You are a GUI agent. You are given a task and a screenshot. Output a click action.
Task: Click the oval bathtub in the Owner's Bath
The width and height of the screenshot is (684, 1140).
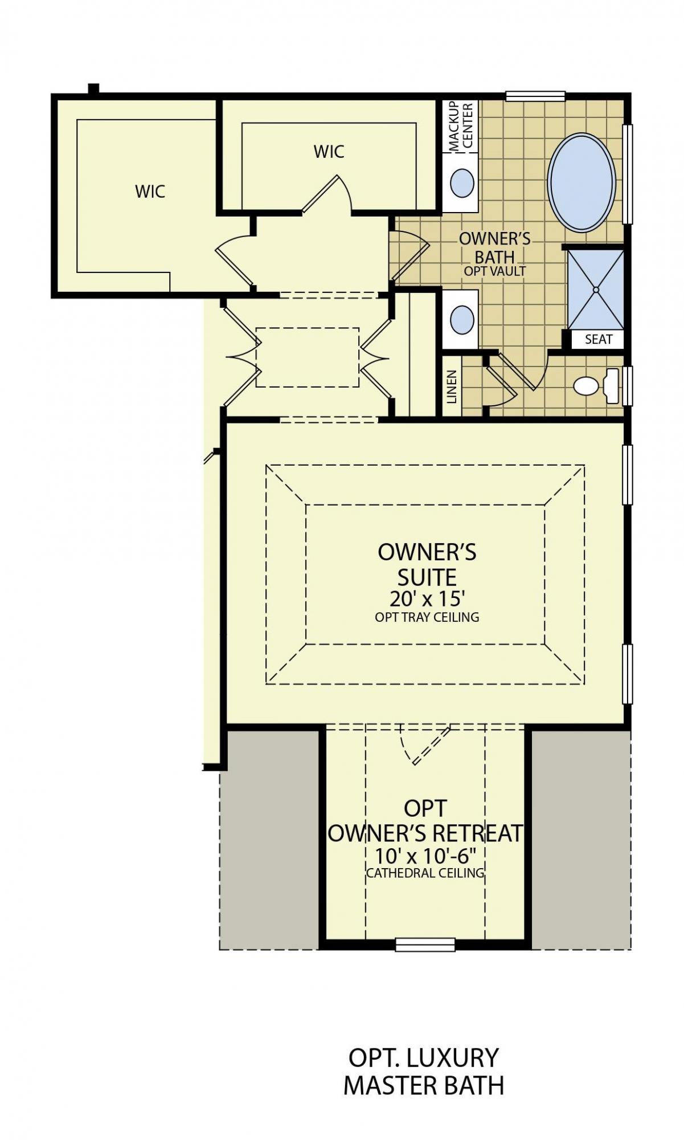click(x=581, y=182)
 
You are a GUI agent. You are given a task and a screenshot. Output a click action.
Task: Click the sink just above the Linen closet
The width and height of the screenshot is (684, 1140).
click(x=462, y=320)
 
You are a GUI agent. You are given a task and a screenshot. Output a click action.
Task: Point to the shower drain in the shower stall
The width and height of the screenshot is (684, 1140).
click(x=596, y=290)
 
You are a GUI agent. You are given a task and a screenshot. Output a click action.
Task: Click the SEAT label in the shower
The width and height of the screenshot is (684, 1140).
click(x=599, y=339)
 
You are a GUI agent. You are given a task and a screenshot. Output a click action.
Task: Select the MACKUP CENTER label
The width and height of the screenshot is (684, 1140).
click(x=461, y=126)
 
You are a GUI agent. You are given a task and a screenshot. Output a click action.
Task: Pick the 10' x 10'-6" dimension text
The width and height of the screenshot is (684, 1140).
click(x=425, y=856)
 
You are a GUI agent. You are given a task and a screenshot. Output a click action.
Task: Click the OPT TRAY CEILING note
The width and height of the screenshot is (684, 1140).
click(x=427, y=617)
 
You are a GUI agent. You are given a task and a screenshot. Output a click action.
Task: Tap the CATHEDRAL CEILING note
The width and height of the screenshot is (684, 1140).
click(x=425, y=873)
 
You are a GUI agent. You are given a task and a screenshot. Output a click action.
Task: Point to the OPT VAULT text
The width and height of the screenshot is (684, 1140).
click(x=494, y=271)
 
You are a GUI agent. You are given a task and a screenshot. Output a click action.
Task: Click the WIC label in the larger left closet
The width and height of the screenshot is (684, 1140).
click(x=150, y=191)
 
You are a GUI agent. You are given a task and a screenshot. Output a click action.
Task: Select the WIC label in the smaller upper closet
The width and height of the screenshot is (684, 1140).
click(x=329, y=152)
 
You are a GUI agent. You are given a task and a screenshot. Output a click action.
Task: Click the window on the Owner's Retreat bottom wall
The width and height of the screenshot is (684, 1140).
click(x=425, y=944)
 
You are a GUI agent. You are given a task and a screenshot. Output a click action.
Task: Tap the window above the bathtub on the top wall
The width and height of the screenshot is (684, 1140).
click(x=535, y=96)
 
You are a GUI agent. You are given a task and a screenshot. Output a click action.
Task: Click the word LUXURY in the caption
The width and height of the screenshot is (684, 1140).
click(x=454, y=1058)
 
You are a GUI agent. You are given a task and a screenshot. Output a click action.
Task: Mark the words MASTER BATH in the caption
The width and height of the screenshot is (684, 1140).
click(x=424, y=1086)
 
